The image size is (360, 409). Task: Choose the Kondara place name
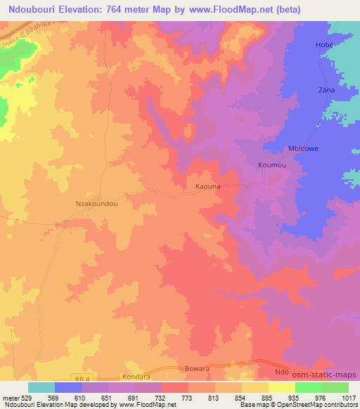136,377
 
